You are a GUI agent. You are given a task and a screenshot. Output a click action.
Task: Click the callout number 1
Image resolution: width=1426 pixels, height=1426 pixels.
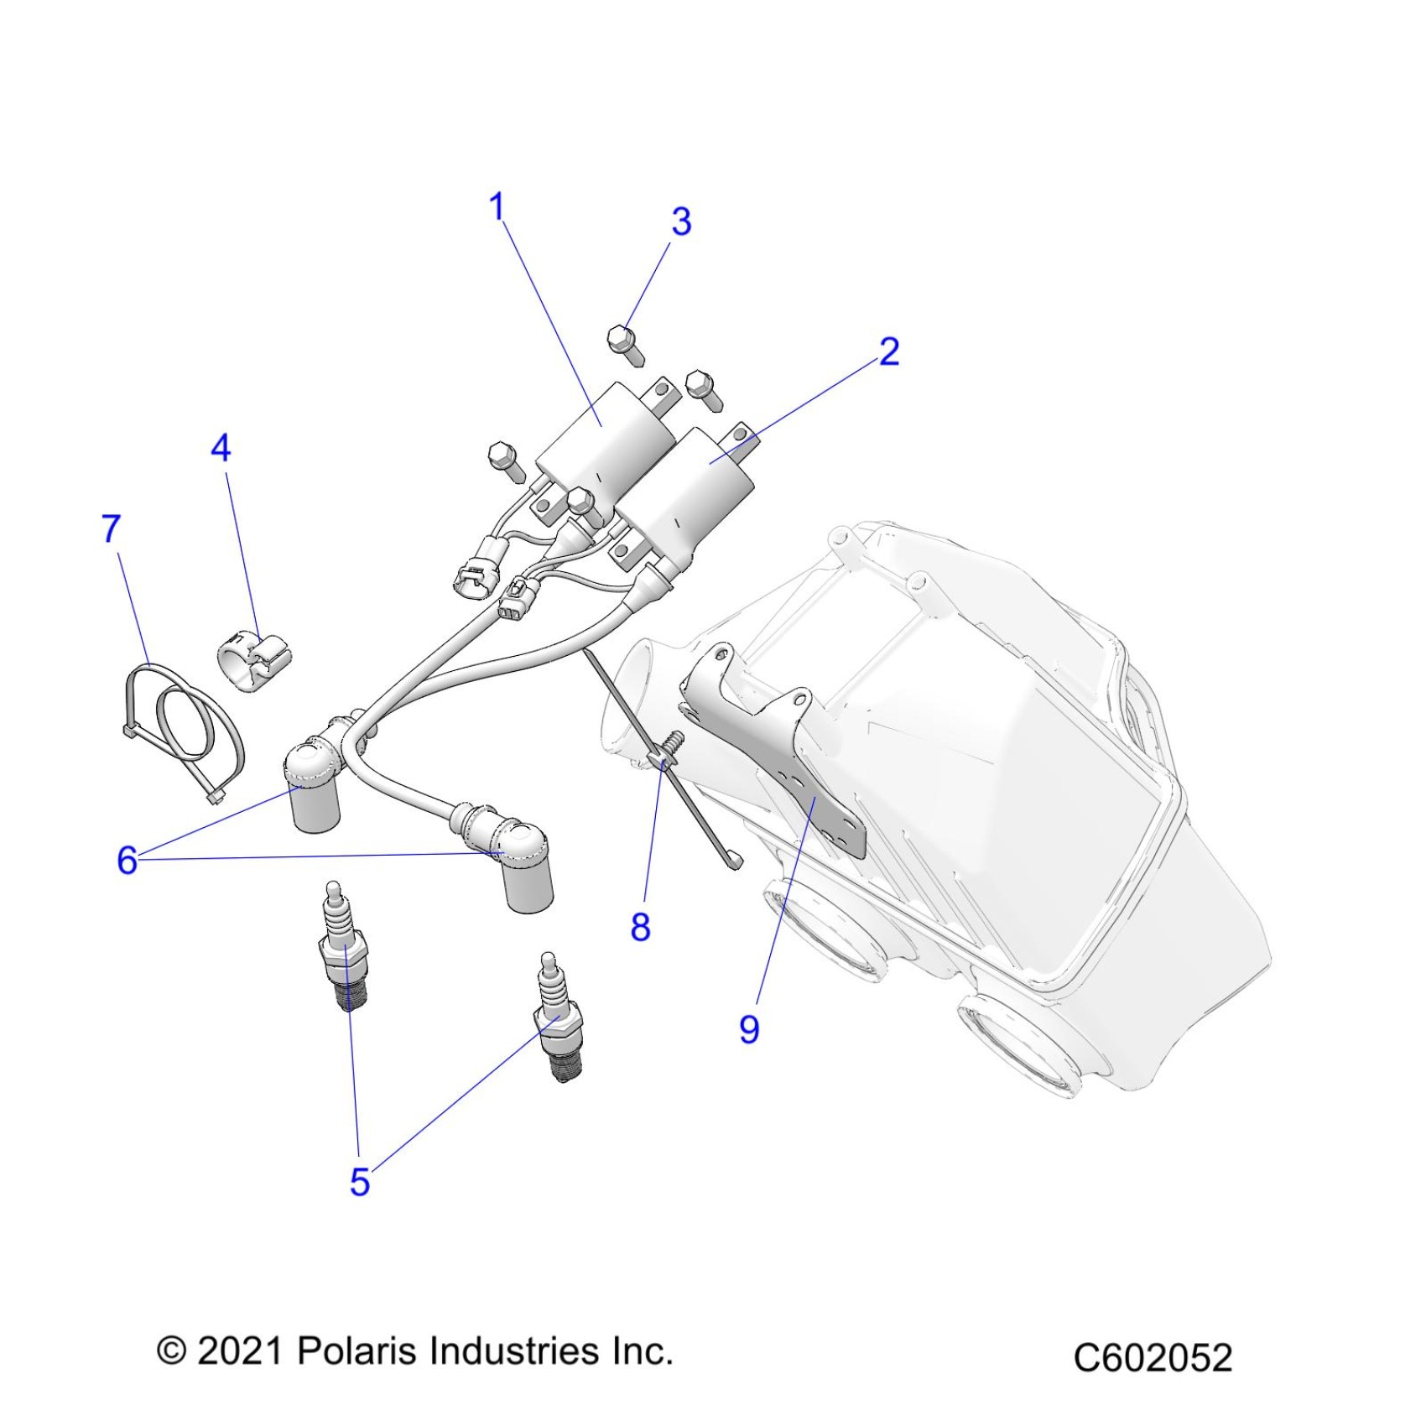coord(497,206)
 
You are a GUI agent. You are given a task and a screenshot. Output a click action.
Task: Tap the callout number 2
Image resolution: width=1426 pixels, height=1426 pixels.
coord(889,351)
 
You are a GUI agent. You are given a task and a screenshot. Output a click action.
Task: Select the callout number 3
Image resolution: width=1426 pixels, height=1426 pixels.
coord(681,221)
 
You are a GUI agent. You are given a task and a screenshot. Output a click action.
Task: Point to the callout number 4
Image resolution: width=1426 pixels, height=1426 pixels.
coord(221,448)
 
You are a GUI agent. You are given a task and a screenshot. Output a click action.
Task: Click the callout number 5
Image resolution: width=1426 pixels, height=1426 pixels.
coord(360,1182)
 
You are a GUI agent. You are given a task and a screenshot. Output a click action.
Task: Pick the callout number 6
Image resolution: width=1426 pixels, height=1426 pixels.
coord(127,860)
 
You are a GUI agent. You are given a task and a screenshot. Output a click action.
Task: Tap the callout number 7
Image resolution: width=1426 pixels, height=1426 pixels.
coord(112,529)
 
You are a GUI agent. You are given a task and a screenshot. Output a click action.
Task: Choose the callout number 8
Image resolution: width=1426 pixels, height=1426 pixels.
coord(640,927)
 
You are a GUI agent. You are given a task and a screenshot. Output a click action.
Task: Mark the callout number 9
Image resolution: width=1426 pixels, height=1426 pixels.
coord(749,1028)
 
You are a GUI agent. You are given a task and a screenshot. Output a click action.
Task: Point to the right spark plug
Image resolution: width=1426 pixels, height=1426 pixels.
coord(558,1018)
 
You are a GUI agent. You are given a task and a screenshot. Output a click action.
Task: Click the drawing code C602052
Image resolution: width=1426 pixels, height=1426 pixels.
coord(1153,1357)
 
